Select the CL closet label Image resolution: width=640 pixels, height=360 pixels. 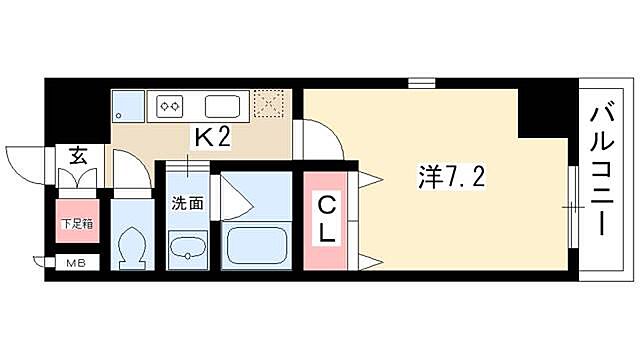[328, 220]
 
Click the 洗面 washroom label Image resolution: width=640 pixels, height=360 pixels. [187, 202]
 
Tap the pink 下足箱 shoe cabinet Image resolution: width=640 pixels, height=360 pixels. [76, 224]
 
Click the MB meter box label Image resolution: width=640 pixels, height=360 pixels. [76, 264]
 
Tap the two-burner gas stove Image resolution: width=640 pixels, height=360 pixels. [169, 104]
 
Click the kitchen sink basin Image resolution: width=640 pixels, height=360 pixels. [221, 105]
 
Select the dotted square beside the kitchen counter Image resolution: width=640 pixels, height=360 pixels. [270, 104]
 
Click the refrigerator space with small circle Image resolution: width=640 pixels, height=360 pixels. [128, 105]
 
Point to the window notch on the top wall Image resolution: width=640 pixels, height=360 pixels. [422, 84]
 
